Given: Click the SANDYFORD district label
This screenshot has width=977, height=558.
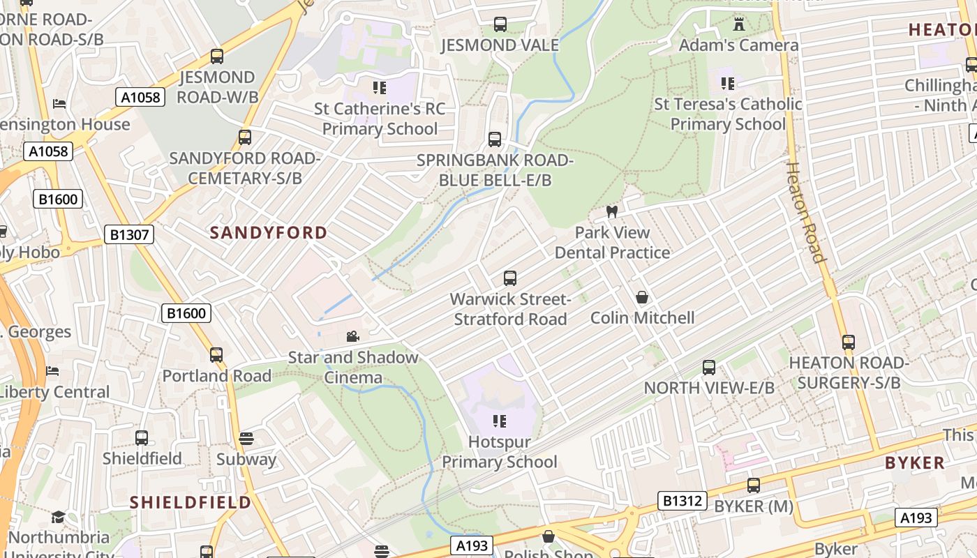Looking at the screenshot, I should click(269, 233).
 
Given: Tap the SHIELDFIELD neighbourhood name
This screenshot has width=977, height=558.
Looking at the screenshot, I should click(191, 502).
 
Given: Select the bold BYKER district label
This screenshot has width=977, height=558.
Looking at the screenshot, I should click(914, 463).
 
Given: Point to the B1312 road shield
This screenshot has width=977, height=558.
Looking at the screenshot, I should click(683, 500).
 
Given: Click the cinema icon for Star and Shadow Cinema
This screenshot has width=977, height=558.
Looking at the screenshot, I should click(353, 337).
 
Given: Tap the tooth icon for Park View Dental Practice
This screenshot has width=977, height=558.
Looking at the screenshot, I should click(612, 211).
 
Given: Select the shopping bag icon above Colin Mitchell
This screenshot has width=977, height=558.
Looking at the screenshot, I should click(642, 298).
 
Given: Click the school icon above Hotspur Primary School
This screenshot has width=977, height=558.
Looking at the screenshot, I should click(500, 421).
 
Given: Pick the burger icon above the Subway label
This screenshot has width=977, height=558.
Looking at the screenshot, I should click(246, 439).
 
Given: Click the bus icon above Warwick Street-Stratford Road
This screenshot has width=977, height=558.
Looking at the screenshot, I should click(510, 278).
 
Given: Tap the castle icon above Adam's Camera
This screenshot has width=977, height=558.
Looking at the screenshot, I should click(739, 24).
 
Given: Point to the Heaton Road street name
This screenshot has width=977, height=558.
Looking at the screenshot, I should click(807, 212).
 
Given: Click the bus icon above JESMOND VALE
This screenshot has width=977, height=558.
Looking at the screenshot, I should click(500, 24).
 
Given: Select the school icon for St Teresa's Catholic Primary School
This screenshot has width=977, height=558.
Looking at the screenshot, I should click(728, 84).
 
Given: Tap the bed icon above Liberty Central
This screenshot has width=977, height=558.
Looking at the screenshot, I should click(52, 370).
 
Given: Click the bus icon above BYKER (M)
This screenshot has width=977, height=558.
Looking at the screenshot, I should click(754, 485).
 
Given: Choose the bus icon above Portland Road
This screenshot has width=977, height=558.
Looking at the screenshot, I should click(216, 355).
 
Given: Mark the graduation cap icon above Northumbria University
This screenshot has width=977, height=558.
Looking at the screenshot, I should click(58, 517).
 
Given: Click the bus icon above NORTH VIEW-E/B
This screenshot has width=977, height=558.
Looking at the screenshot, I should click(709, 367).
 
